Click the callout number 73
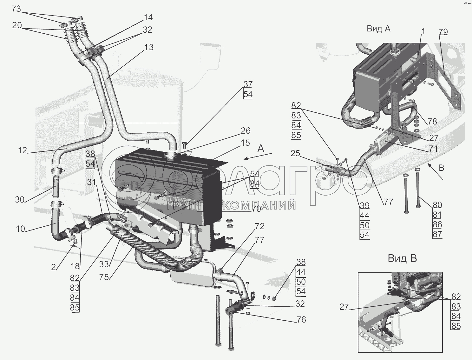pyautogui.click(x=16, y=9)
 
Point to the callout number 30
pyautogui.click(x=20, y=200)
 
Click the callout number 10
pyautogui.click(x=20, y=229)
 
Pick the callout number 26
pyautogui.click(x=246, y=131)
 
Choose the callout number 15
pyautogui.click(x=245, y=143)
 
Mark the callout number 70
pyautogui.click(x=256, y=209)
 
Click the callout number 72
pyautogui.click(x=259, y=226)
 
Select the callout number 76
pyautogui.click(x=301, y=319)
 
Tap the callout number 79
pyautogui.click(x=443, y=32)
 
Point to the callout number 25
pyautogui.click(x=295, y=154)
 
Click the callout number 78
pyautogui.click(x=432, y=121)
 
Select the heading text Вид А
pyautogui.click(x=378, y=29)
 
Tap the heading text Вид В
pyautogui.click(x=402, y=259)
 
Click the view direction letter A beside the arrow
pyautogui.click(x=261, y=149)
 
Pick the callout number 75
pyautogui.click(x=104, y=277)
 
